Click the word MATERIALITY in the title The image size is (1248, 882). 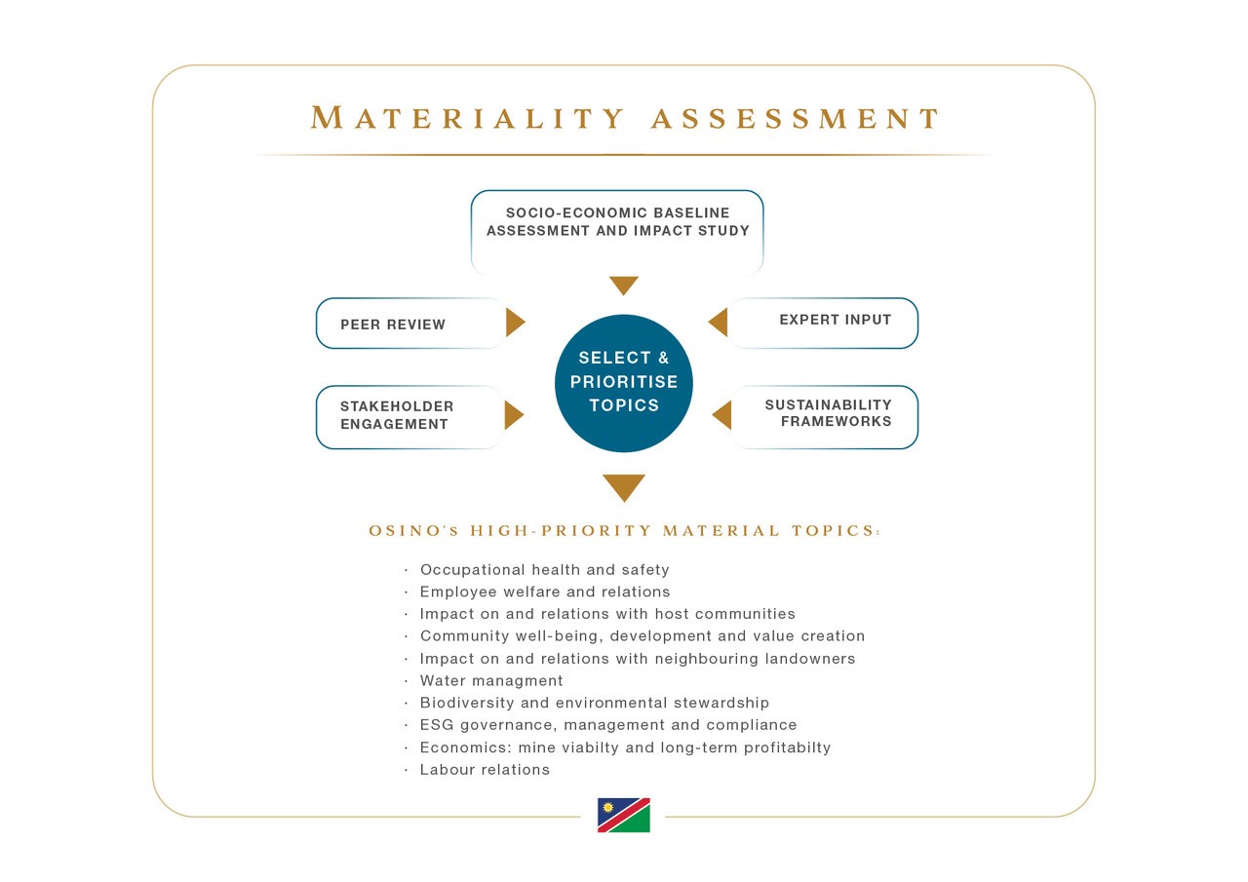click(468, 118)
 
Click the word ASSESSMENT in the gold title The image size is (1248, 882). click(796, 118)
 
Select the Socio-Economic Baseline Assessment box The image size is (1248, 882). click(617, 232)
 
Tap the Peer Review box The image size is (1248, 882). click(411, 324)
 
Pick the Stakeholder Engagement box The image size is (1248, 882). click(411, 417)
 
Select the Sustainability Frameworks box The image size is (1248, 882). click(824, 417)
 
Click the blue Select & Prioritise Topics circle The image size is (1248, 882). click(623, 383)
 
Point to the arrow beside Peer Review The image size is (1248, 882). click(516, 323)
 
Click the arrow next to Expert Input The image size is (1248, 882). click(718, 323)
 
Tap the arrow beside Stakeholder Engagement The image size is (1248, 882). click(514, 415)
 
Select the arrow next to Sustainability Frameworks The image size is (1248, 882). click(721, 415)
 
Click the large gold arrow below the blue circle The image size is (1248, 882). click(624, 485)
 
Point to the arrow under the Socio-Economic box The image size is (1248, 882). click(623, 284)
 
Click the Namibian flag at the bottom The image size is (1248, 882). click(623, 815)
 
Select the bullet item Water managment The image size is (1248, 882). click(491, 680)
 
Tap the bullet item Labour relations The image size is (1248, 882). click(485, 770)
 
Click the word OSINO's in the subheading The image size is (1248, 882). click(413, 530)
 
